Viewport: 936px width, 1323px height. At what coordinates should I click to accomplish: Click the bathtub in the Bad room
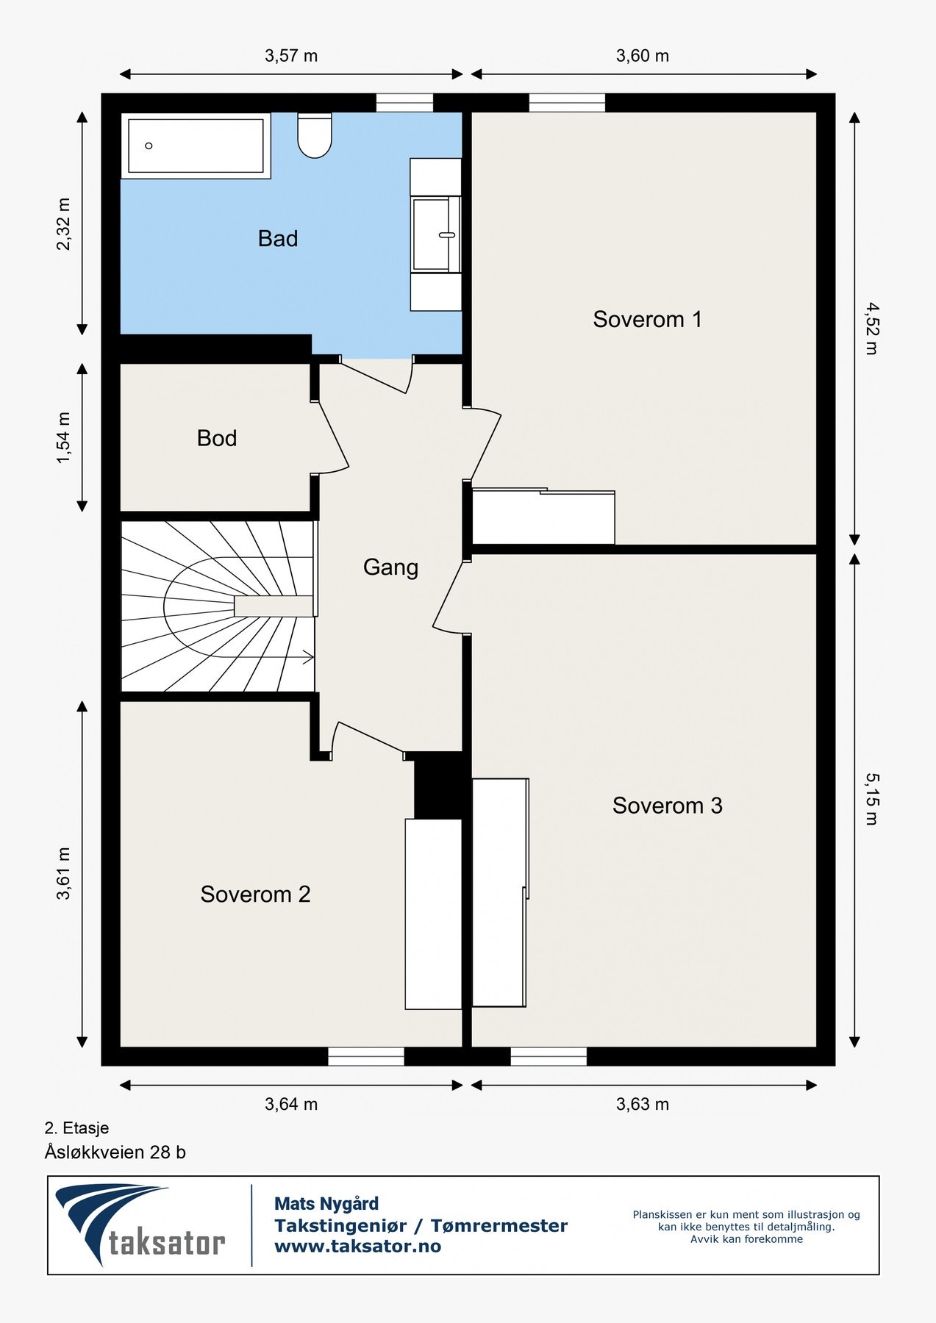click(x=196, y=146)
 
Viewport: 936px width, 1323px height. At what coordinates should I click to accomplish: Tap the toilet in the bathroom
click(x=315, y=135)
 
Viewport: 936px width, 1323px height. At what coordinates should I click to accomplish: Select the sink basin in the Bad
click(x=436, y=234)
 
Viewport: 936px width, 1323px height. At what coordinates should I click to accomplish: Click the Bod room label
click(x=217, y=438)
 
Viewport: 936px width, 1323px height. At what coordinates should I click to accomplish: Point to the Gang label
click(x=390, y=567)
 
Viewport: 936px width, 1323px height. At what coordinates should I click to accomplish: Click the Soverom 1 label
click(x=647, y=319)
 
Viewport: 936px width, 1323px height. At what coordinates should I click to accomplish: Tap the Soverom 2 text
click(x=255, y=894)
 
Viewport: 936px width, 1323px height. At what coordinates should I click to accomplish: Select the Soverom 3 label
click(x=667, y=806)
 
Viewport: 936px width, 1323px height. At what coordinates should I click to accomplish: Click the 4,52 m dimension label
click(x=872, y=329)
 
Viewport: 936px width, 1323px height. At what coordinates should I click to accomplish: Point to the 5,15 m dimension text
click(x=872, y=799)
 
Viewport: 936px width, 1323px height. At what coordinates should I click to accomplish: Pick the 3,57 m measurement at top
click(x=291, y=56)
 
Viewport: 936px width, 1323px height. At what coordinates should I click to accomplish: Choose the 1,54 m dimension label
click(x=64, y=438)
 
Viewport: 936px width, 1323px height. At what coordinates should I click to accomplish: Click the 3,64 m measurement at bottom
click(x=291, y=1104)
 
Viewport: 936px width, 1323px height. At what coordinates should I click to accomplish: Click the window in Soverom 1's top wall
click(x=567, y=103)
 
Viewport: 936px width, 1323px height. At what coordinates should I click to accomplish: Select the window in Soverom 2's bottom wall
click(x=366, y=1056)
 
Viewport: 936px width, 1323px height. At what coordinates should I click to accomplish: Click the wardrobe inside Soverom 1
click(x=543, y=517)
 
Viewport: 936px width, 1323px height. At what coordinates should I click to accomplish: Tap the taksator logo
click(x=140, y=1225)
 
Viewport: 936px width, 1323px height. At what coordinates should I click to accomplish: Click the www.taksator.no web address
click(x=357, y=1246)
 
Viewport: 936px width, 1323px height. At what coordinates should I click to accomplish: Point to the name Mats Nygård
click(x=326, y=1204)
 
